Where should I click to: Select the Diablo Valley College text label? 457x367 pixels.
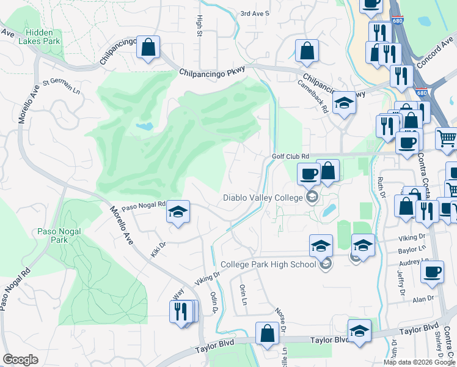pos(263,198)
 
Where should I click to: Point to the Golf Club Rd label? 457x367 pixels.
pos(291,157)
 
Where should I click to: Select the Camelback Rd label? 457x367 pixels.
pos(314,97)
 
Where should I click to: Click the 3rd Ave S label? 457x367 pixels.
pos(255,13)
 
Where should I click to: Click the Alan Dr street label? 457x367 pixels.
pos(422,298)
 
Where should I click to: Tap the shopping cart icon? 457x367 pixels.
pos(447,138)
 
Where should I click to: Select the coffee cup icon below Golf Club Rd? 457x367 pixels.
pos(309,174)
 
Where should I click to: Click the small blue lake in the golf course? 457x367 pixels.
pos(145,127)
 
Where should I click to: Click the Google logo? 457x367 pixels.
pos(20,360)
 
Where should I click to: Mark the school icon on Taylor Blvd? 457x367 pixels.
pos(359,330)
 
